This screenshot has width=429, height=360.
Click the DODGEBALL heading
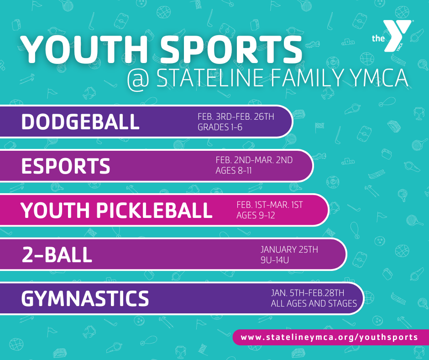tap(80, 122)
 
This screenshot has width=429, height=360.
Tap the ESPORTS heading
tap(66, 166)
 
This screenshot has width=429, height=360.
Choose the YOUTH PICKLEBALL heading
tap(117, 211)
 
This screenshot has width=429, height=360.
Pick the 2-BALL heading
tap(57, 255)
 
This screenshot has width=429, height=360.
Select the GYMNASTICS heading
tap(85, 299)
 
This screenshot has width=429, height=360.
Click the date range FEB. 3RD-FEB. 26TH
tap(235, 117)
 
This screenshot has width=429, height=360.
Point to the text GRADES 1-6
tap(220, 127)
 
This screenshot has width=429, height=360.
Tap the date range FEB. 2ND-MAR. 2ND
tap(254, 160)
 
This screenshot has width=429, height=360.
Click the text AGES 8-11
tap(234, 171)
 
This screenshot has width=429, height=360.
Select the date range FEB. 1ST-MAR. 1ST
tap(269, 205)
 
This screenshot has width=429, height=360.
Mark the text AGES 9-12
tap(256, 215)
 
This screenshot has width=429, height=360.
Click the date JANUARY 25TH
tap(289, 250)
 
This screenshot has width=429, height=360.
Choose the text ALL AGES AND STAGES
tap(314, 303)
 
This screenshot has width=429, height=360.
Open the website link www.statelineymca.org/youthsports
tap(329, 337)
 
